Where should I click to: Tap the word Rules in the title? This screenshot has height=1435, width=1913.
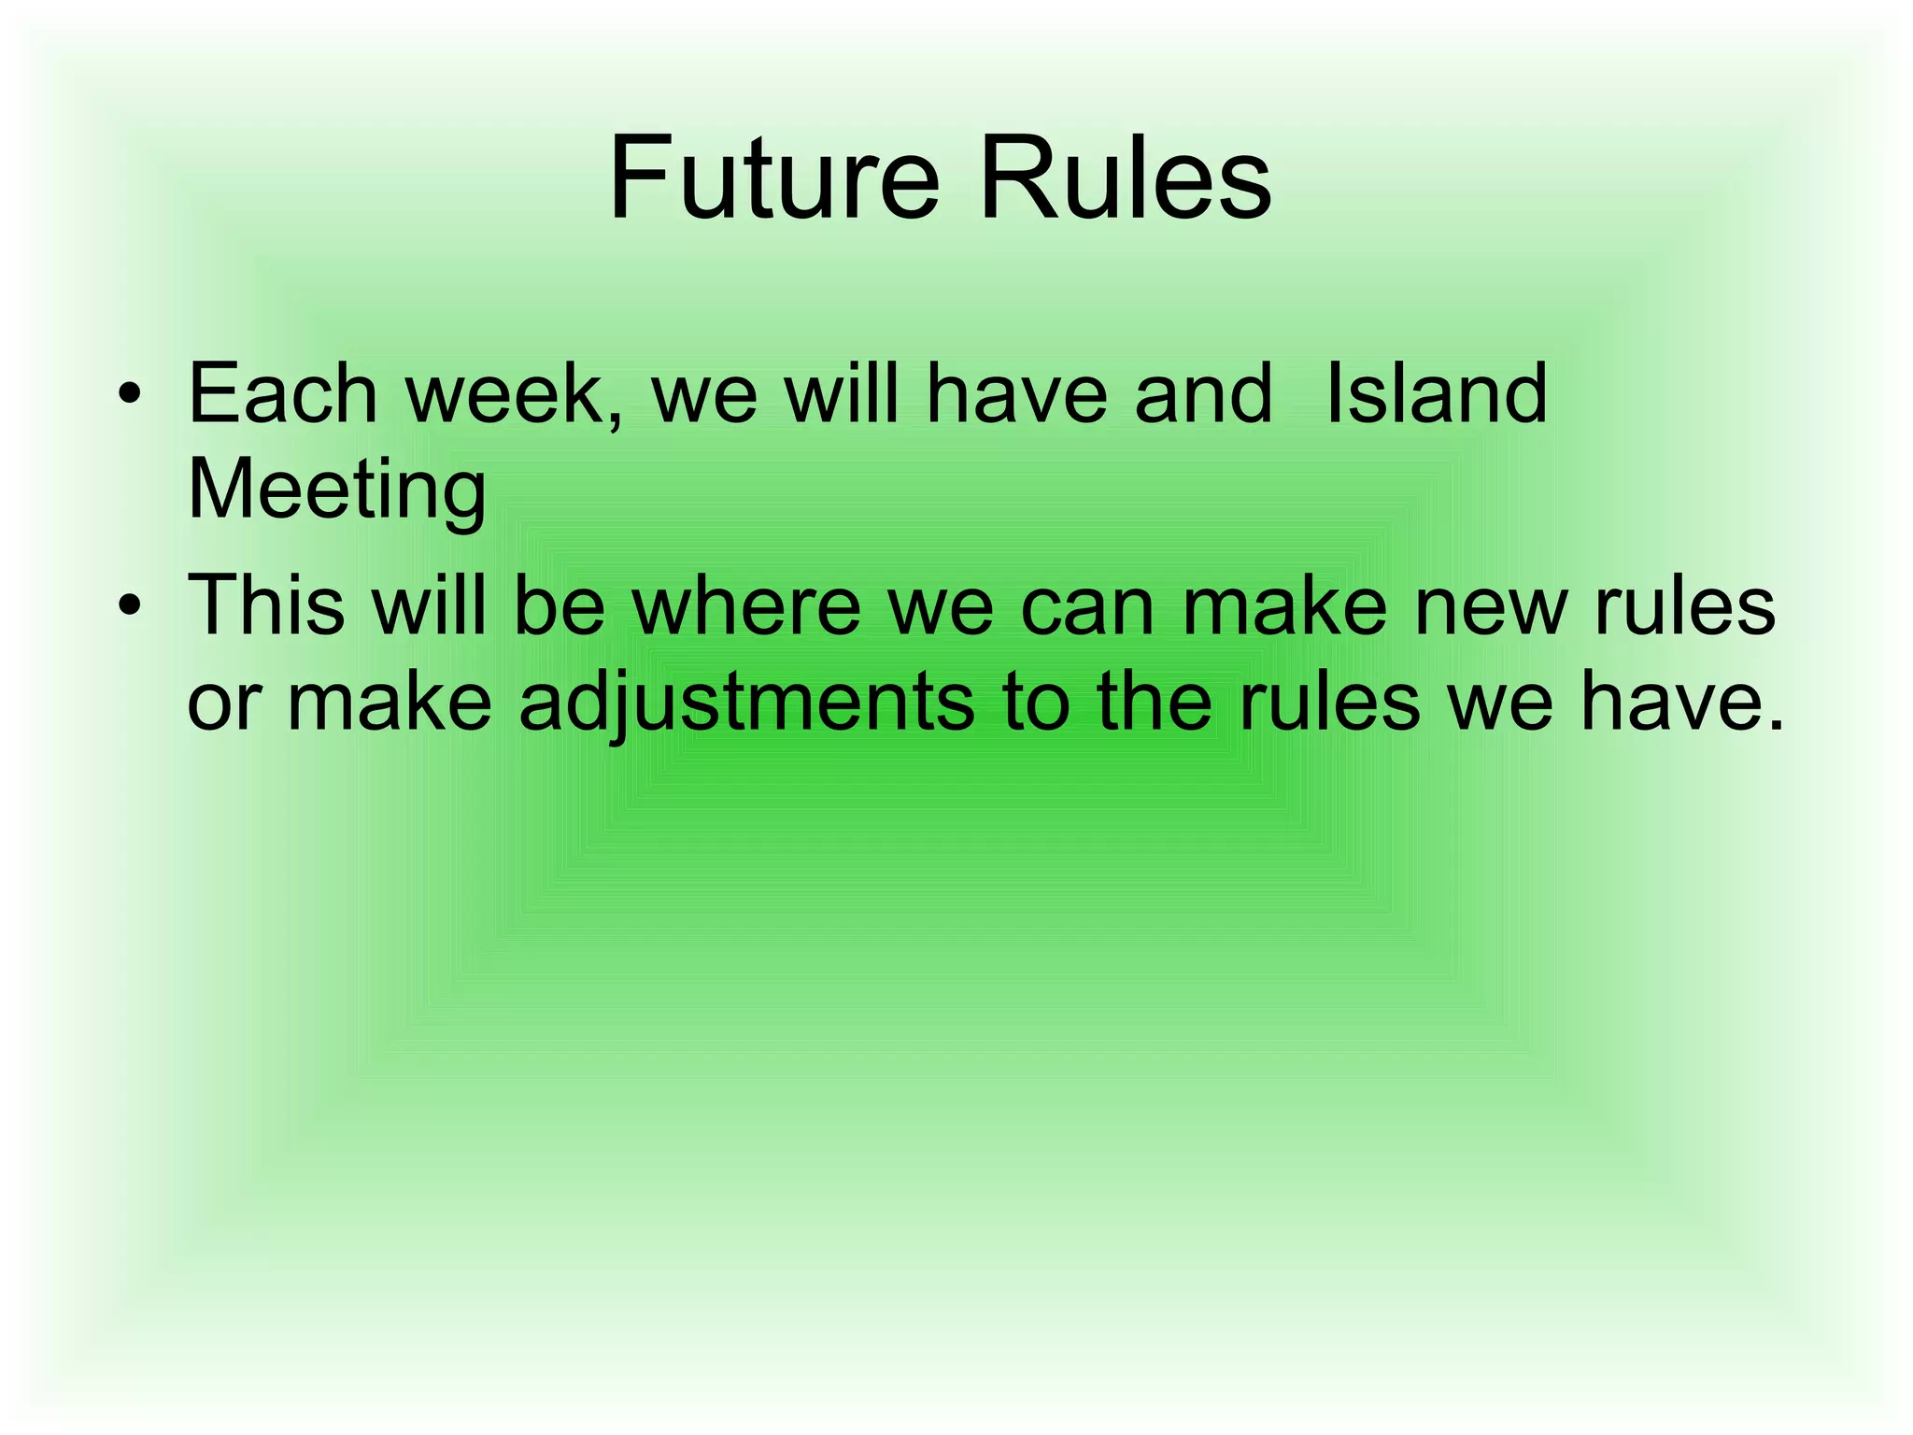pyautogui.click(x=1125, y=178)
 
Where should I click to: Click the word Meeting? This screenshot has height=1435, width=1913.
pyautogui.click(x=336, y=491)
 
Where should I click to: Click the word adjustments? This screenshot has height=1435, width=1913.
pyautogui.click(x=747, y=703)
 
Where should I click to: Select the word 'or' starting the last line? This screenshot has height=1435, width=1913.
pyautogui.click(x=222, y=703)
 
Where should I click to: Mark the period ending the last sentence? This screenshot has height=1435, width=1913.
pyautogui.click(x=1774, y=724)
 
